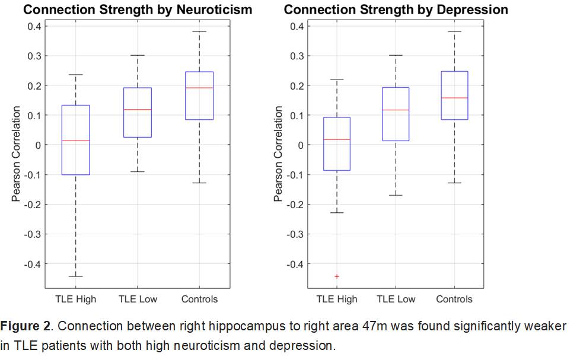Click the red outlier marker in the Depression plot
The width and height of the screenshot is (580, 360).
tap(336, 276)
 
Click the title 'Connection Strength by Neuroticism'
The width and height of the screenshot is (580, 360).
tap(138, 9)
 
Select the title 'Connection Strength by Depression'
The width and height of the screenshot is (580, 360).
tap(396, 9)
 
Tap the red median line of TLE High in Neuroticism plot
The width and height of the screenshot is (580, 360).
tap(76, 141)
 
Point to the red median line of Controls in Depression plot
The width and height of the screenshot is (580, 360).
tap(454, 98)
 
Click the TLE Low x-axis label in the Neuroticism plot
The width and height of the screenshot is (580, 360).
tap(138, 299)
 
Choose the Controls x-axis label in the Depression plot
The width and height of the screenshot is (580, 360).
tap(455, 299)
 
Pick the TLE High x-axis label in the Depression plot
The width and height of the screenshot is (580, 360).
tap(337, 299)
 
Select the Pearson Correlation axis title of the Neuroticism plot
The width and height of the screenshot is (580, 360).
tap(17, 154)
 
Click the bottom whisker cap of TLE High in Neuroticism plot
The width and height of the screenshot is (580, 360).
tap(76, 276)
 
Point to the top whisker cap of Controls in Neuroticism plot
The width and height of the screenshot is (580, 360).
tap(199, 31)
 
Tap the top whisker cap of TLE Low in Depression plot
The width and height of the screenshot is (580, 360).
tap(396, 55)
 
